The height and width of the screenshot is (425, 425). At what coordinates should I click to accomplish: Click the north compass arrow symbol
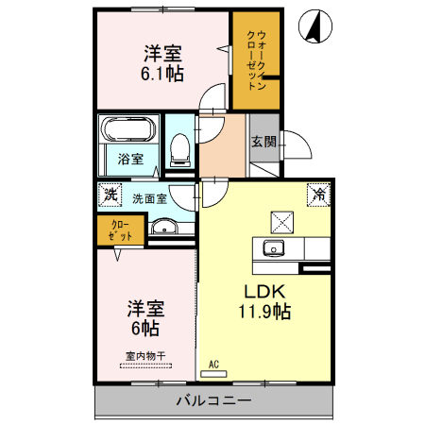coord(315,26)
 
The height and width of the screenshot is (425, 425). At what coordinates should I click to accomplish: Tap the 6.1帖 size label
coord(162,74)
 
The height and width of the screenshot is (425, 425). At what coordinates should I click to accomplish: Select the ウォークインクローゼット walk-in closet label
coord(257,60)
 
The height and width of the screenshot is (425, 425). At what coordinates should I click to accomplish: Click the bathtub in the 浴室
coord(128,129)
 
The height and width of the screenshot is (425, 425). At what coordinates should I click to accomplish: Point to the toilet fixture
coord(179,150)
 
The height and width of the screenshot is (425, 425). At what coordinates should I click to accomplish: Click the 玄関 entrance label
coord(263,142)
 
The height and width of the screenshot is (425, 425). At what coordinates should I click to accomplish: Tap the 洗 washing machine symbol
coord(110,195)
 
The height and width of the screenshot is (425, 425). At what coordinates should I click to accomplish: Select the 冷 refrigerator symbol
coord(318,195)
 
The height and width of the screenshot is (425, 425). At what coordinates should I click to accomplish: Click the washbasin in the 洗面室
coord(164,227)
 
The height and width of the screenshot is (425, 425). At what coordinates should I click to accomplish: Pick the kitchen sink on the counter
coord(274,248)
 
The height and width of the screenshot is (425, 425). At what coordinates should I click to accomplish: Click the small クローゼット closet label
coord(120,230)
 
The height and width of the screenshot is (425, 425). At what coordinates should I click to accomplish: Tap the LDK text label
coord(264,292)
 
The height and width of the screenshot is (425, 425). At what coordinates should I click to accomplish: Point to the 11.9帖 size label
coord(264,312)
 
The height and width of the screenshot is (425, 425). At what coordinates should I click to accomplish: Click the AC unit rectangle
coord(213,374)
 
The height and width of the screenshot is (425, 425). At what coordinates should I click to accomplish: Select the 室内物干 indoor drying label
coord(145,356)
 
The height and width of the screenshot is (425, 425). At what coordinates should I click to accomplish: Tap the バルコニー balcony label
coord(213,400)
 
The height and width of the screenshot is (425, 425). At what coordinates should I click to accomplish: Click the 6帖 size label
coord(145,329)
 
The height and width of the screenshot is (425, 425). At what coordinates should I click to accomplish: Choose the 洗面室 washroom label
coord(149,199)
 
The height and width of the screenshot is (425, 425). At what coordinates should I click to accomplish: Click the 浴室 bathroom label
coord(130,159)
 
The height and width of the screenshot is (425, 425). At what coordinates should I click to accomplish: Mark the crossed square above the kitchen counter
coord(282,222)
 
